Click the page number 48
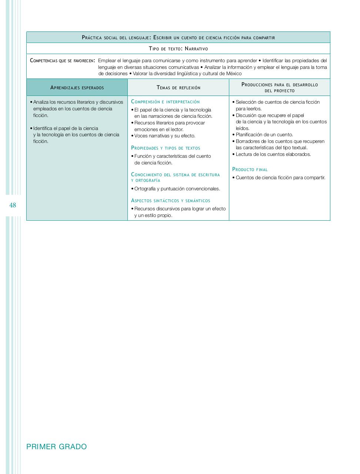tap(13, 205)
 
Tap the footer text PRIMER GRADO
tap(57, 447)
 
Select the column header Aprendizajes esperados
tap(77, 88)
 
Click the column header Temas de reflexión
tap(178, 88)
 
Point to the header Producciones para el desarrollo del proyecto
tap(280, 87)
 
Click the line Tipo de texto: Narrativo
tap(178, 49)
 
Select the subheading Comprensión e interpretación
tap(165, 102)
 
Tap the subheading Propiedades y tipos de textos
tap(166, 148)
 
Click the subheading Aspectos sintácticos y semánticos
tap(170, 201)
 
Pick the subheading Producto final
tap(250, 170)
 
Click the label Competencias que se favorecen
tap(62, 60)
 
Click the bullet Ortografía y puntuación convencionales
tap(177, 189)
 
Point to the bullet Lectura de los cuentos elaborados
tap(273, 154)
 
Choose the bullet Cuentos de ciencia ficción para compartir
tap(280, 178)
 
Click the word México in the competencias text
tap(234, 74)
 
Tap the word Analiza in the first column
tap(41, 102)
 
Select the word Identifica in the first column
tap(43, 128)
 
